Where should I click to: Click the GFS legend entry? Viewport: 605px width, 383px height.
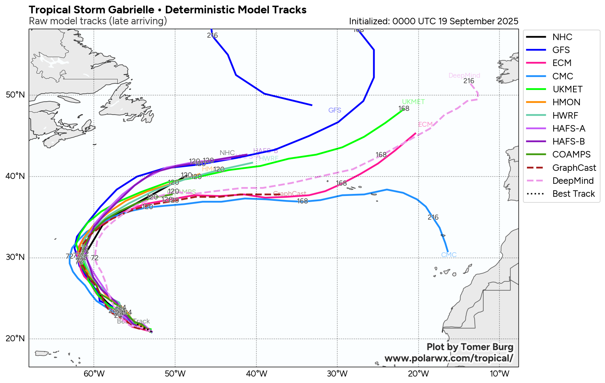point(561,50)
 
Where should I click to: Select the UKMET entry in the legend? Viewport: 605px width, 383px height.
point(567,89)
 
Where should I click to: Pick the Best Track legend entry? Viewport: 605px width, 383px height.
point(573,194)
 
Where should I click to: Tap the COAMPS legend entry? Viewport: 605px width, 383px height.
point(571,154)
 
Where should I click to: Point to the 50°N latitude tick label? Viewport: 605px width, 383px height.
point(15,95)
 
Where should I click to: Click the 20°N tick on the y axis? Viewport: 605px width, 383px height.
point(15,339)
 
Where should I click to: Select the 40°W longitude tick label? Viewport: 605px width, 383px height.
point(256,373)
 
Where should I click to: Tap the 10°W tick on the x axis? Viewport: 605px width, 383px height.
point(500,373)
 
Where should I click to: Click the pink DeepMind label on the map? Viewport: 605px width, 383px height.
point(464,76)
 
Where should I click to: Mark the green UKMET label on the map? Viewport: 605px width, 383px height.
point(413,102)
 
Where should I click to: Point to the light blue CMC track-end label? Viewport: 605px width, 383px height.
point(448,255)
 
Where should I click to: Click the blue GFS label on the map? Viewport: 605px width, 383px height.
point(334,110)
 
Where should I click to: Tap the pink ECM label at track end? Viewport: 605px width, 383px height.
point(425,125)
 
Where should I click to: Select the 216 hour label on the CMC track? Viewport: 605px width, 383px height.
point(433,217)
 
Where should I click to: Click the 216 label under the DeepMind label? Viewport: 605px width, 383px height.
point(469,81)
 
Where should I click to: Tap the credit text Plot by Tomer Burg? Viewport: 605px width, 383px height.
point(470,347)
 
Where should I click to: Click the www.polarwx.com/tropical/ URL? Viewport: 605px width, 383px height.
point(448,358)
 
